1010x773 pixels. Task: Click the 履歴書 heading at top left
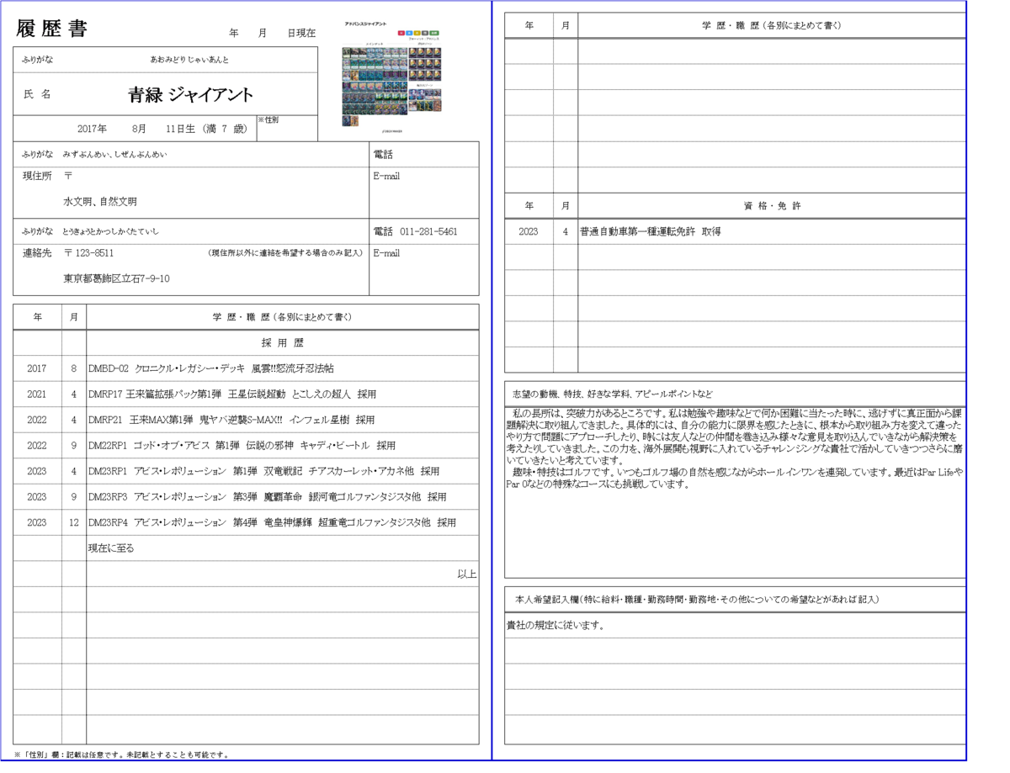pos(50,29)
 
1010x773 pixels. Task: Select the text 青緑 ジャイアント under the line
pos(190,96)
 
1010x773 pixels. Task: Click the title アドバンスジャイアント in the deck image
pos(367,24)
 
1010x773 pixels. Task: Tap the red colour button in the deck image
pos(401,33)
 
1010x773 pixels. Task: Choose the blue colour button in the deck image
pos(409,33)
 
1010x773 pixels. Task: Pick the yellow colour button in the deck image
pos(417,33)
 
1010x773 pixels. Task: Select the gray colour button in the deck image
pos(425,33)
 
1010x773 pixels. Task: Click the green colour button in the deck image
pos(434,33)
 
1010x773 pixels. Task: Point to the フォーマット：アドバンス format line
pos(423,39)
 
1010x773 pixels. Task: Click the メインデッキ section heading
pos(374,44)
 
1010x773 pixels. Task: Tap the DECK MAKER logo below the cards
pos(391,131)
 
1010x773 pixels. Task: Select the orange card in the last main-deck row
pos(355,120)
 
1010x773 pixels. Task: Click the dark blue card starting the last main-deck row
pos(346,120)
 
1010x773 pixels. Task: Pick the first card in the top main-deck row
pos(346,52)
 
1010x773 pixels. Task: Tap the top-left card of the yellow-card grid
pos(413,52)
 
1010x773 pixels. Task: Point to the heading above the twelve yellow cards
pos(424,43)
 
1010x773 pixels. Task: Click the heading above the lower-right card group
pos(424,85)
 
